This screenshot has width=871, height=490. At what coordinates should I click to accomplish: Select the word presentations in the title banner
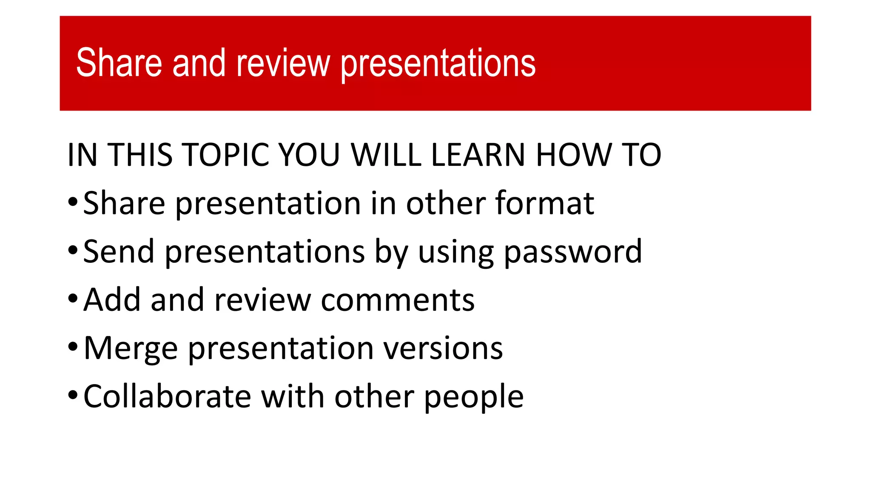[x=438, y=64]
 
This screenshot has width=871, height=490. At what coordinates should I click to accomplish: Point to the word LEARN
[x=478, y=155]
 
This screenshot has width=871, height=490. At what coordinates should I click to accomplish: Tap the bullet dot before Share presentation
[x=73, y=202]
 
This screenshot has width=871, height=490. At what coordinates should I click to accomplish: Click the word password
[x=572, y=252]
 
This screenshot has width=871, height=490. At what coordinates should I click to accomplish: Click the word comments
[x=397, y=300]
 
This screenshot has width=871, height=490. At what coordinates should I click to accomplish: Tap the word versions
[x=443, y=348]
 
